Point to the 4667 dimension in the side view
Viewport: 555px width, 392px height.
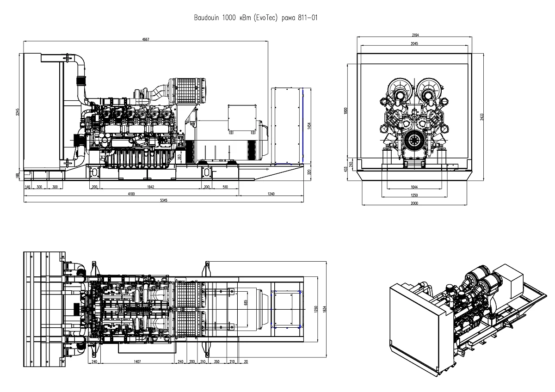[x=146, y=40]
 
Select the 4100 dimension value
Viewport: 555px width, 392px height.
[x=131, y=194]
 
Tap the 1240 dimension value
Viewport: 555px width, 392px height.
[x=271, y=194]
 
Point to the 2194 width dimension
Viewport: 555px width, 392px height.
[x=414, y=36]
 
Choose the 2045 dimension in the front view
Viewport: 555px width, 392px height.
[x=414, y=43]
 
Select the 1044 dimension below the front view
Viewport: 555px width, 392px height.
[x=414, y=187]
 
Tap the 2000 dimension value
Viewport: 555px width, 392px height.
[x=414, y=202]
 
